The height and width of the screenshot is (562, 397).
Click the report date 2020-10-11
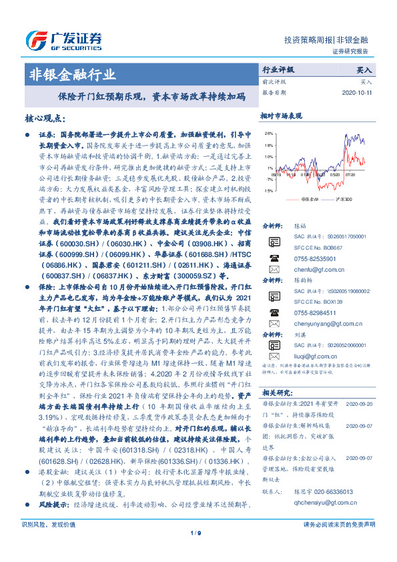click(357, 93)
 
